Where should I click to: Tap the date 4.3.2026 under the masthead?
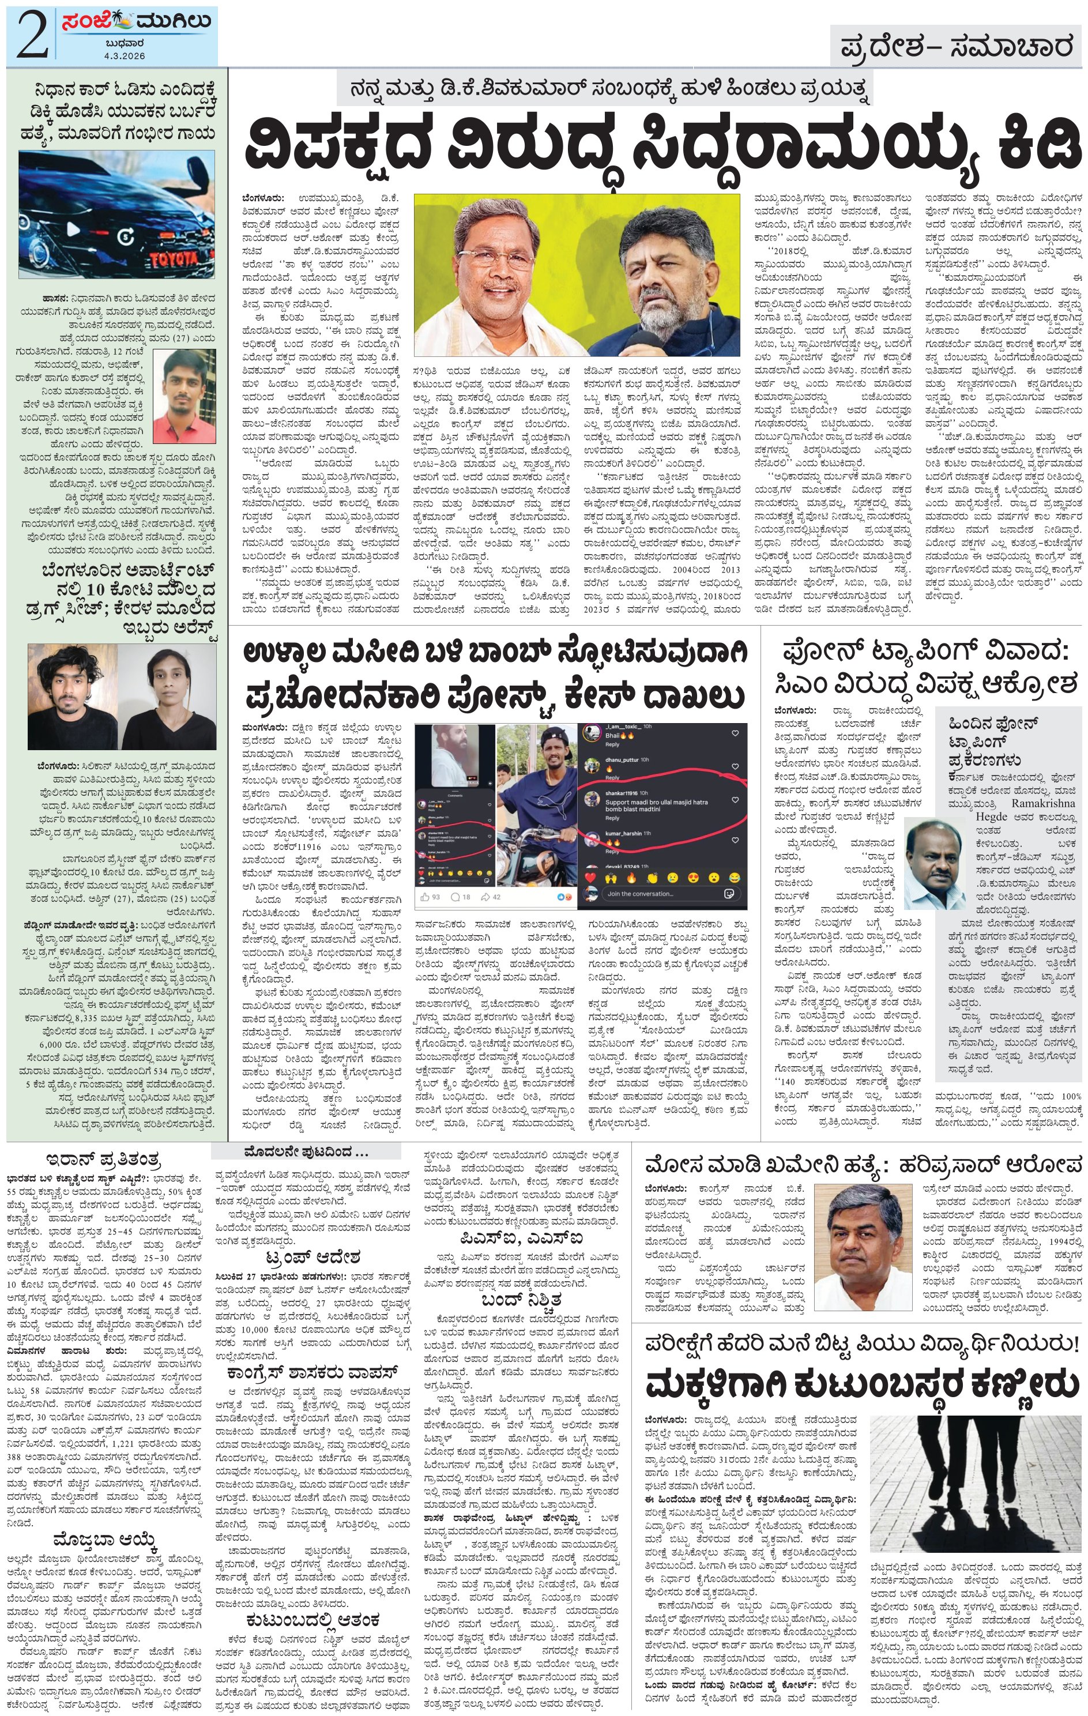(x=125, y=55)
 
